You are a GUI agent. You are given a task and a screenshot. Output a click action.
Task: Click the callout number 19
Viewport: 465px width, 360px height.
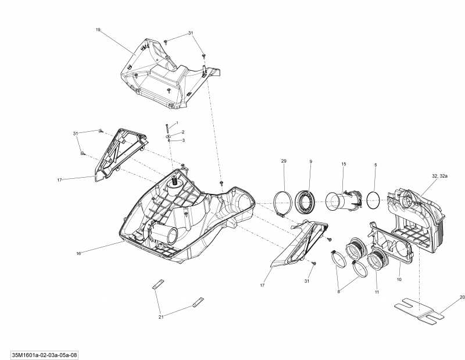coord(98,29)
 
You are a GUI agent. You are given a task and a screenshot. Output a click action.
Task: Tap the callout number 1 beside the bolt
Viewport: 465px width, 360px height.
coord(177,123)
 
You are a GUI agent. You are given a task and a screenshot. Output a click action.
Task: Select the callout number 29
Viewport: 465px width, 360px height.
coord(284,160)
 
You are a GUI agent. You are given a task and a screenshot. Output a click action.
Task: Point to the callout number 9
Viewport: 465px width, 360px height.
coord(310,160)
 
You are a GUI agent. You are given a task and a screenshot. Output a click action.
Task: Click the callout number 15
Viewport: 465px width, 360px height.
coord(344,164)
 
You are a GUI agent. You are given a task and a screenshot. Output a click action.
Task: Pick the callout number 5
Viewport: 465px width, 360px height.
coord(375,165)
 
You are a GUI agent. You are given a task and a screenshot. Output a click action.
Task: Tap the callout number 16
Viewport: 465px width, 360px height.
coord(78,253)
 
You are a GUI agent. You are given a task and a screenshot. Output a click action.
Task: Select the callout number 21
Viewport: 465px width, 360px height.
coord(161,317)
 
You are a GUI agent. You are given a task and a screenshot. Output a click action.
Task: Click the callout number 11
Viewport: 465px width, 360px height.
coord(377,291)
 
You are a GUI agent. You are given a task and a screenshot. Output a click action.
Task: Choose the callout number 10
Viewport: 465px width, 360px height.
coord(399,280)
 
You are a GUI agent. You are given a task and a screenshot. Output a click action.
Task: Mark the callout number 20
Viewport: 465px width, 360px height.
coord(462,297)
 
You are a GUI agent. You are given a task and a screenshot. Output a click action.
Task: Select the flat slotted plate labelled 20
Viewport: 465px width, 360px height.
coord(420,311)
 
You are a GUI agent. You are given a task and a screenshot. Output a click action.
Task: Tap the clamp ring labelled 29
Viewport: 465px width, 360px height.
coord(282,204)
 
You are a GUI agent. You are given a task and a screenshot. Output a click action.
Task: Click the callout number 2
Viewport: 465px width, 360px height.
coord(183,132)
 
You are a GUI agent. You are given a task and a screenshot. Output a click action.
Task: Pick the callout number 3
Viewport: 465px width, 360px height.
coord(183,140)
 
